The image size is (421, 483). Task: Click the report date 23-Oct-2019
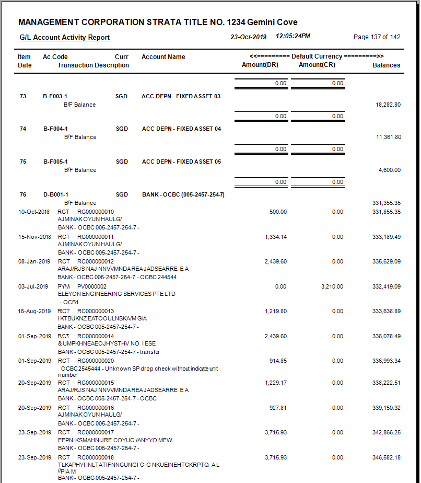(x=249, y=37)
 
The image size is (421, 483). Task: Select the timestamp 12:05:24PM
(x=293, y=37)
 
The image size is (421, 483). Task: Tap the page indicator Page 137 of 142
(x=377, y=37)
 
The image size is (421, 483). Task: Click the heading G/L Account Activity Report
(x=65, y=38)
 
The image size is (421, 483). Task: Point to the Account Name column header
(x=163, y=57)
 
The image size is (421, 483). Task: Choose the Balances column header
(x=387, y=65)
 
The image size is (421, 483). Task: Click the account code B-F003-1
(x=55, y=96)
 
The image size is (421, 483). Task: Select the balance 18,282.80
(x=388, y=105)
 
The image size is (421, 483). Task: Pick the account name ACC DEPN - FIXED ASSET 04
(x=181, y=129)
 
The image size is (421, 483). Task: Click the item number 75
(x=23, y=162)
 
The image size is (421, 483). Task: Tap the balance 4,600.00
(x=390, y=170)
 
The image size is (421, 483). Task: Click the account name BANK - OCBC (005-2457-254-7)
(x=183, y=194)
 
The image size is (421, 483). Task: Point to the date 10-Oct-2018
(x=34, y=212)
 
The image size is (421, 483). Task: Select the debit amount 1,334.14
(x=276, y=237)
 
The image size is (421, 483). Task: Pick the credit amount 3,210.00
(x=332, y=286)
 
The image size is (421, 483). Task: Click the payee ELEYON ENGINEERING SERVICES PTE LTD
(x=116, y=294)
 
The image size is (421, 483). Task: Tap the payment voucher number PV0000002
(x=92, y=286)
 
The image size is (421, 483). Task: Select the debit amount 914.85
(x=278, y=361)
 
